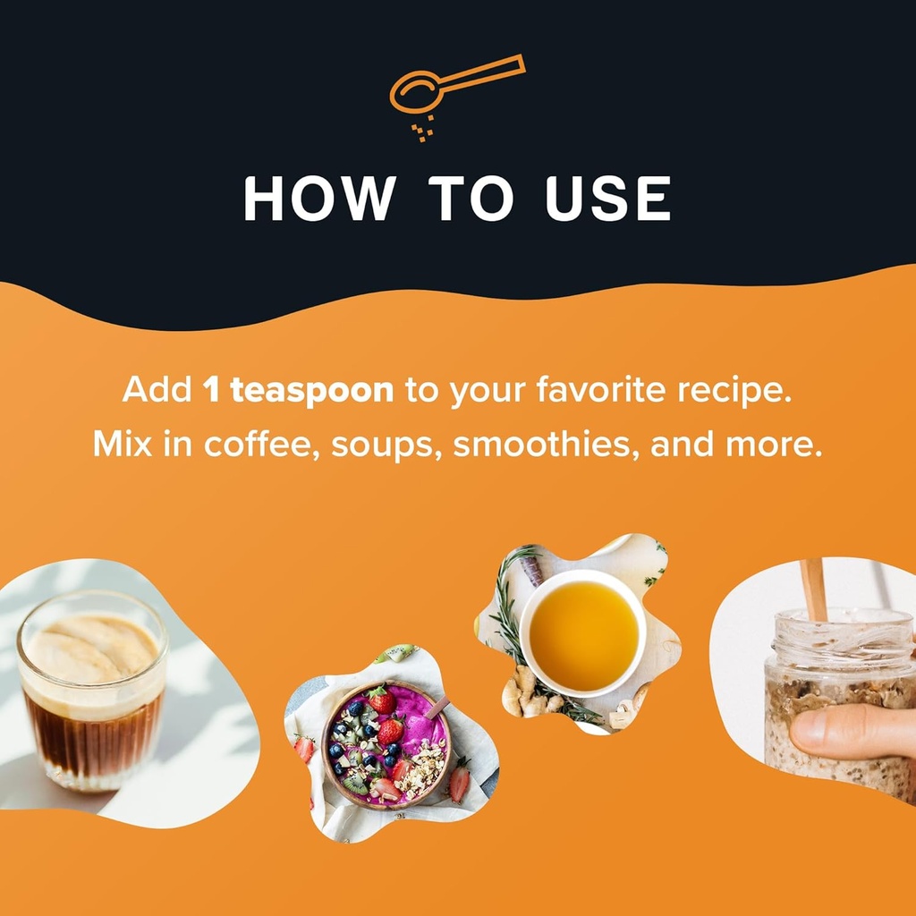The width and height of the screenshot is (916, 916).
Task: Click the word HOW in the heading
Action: coord(319,198)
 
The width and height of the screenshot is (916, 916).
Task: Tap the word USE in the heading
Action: coord(607,198)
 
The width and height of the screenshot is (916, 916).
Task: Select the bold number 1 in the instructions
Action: coord(211,390)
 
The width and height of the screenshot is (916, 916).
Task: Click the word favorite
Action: coord(600,389)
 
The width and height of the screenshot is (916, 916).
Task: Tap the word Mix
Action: coord(122,444)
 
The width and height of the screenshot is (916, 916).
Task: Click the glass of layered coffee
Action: coord(92,690)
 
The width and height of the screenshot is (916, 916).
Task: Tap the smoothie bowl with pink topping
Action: coord(386,745)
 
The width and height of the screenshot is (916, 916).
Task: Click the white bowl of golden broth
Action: coord(583,633)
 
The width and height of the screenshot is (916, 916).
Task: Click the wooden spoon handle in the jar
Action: coord(814,589)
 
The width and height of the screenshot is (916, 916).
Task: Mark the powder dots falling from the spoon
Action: coord(423,129)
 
